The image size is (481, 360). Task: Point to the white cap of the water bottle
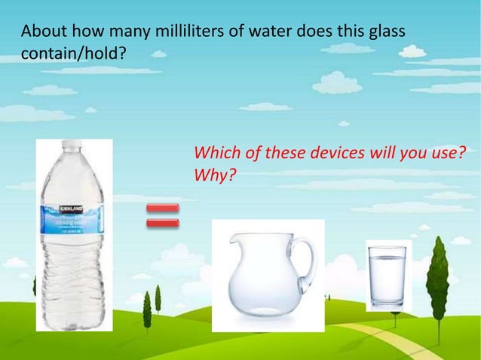[x=72, y=145]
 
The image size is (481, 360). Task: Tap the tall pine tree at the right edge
[x=437, y=279]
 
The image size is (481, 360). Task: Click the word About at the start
[x=42, y=32]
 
